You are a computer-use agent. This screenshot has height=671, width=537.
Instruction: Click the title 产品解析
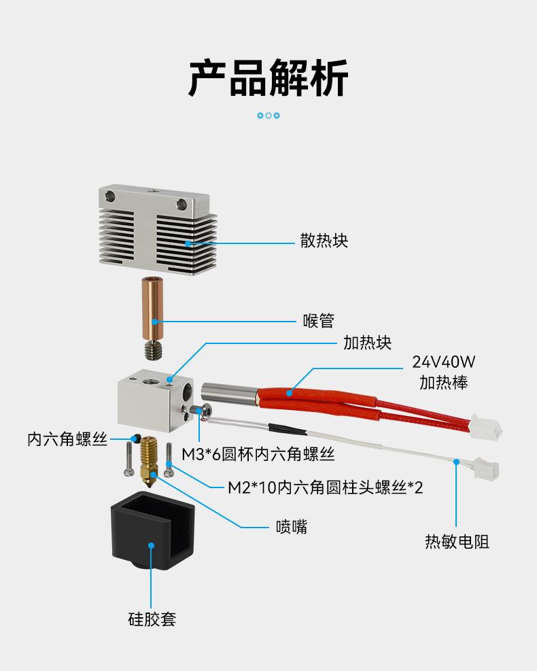pyautogui.click(x=268, y=78)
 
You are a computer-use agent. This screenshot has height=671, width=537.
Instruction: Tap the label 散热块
pyautogui.click(x=324, y=241)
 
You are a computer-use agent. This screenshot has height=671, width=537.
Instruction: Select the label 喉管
pyautogui.click(x=318, y=320)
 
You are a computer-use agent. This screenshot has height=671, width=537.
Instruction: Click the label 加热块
pyautogui.click(x=367, y=342)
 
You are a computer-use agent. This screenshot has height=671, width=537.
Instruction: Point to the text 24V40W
pyautogui.click(x=443, y=362)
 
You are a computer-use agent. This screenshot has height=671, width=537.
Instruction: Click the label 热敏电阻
pyautogui.click(x=457, y=541)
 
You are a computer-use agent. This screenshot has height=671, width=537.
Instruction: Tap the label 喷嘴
pyautogui.click(x=291, y=526)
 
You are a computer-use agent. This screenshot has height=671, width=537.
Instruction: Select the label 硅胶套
pyautogui.click(x=152, y=619)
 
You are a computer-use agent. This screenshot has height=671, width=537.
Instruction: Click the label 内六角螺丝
pyautogui.click(x=67, y=439)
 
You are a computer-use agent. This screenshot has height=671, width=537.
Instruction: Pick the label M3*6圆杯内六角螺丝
pyautogui.click(x=258, y=453)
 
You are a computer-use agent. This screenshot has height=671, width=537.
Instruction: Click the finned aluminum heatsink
pyautogui.click(x=156, y=225)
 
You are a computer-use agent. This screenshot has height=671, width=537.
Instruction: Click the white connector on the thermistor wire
pyautogui.click(x=487, y=468)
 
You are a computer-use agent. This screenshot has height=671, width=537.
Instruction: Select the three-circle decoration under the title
pyautogui.click(x=268, y=116)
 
